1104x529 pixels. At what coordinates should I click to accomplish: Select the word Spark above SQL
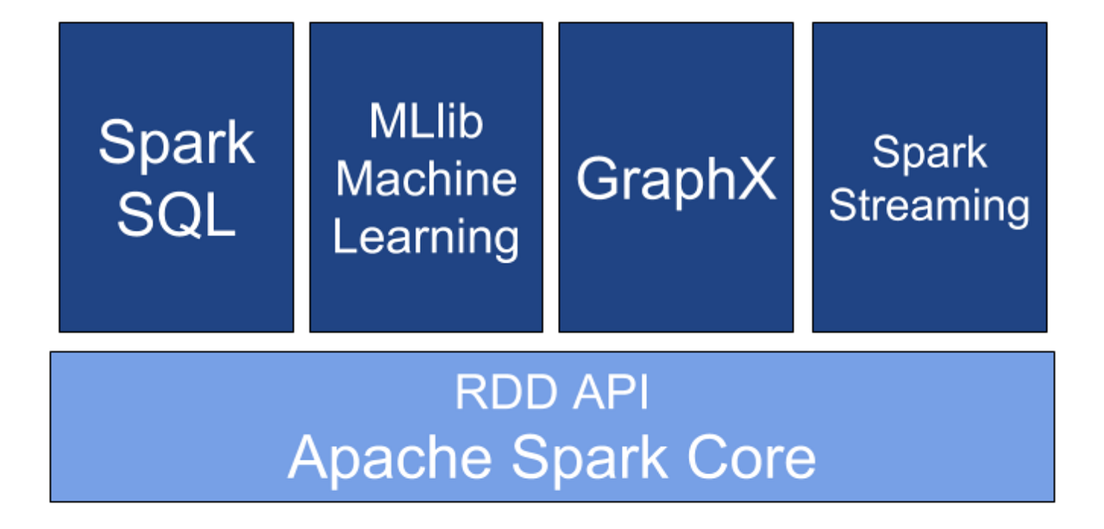(177, 144)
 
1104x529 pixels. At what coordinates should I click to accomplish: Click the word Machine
(426, 178)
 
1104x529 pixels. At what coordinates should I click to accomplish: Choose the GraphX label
(676, 180)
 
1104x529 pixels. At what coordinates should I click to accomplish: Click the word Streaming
(929, 207)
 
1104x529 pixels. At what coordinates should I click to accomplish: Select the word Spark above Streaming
(929, 153)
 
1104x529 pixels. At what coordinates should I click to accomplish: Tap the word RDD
(503, 393)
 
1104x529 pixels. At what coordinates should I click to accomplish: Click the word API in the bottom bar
(609, 393)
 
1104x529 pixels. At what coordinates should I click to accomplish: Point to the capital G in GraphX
(598, 178)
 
